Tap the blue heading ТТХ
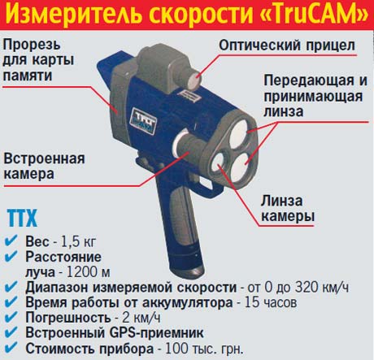(x=22, y=218)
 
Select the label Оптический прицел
(x=287, y=46)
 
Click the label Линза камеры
(x=288, y=209)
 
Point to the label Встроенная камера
(x=44, y=166)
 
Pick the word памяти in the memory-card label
(x=27, y=76)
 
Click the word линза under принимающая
(x=283, y=111)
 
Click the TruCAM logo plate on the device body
(x=143, y=121)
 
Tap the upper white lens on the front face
(x=239, y=134)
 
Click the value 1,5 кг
(x=78, y=241)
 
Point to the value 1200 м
(x=89, y=271)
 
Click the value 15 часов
(x=271, y=302)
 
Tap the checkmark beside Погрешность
(x=11, y=316)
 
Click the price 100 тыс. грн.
(x=204, y=349)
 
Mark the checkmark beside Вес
(x=11, y=241)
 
